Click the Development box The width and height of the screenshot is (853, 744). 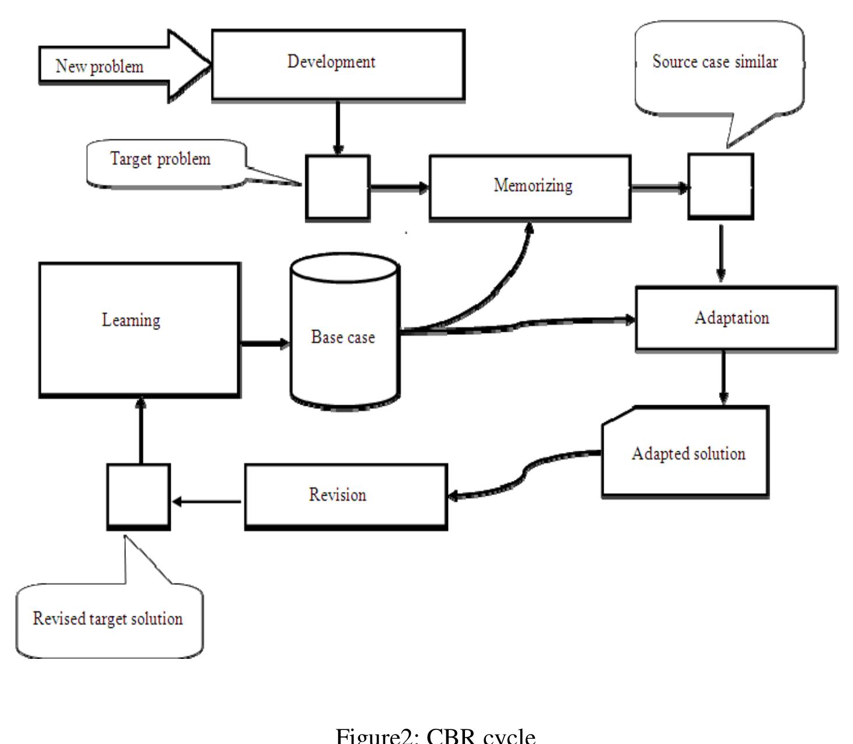[338, 64]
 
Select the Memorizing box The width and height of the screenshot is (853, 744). [530, 187]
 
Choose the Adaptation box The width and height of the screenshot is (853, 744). [736, 318]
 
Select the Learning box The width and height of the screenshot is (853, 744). [139, 329]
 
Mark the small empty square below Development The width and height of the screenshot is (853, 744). [338, 187]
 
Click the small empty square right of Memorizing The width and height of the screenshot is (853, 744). [721, 187]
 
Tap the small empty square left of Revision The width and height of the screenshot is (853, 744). [139, 496]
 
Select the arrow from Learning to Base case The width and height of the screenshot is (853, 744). [265, 343]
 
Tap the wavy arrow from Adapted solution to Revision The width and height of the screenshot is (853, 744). [524, 472]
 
